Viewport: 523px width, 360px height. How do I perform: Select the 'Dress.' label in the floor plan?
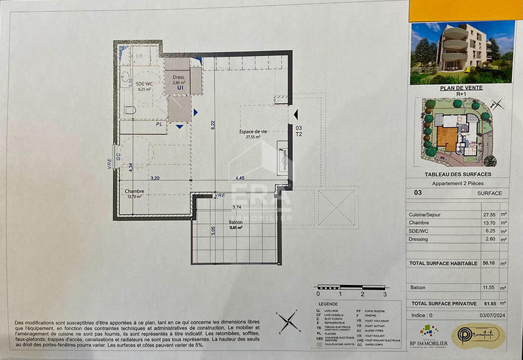(178, 77)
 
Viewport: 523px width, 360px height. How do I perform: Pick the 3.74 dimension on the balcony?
(237, 207)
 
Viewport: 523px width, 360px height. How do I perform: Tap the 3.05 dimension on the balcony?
(213, 229)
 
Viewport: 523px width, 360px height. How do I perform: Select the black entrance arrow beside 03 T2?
(295, 115)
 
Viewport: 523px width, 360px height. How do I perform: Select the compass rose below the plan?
(286, 320)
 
